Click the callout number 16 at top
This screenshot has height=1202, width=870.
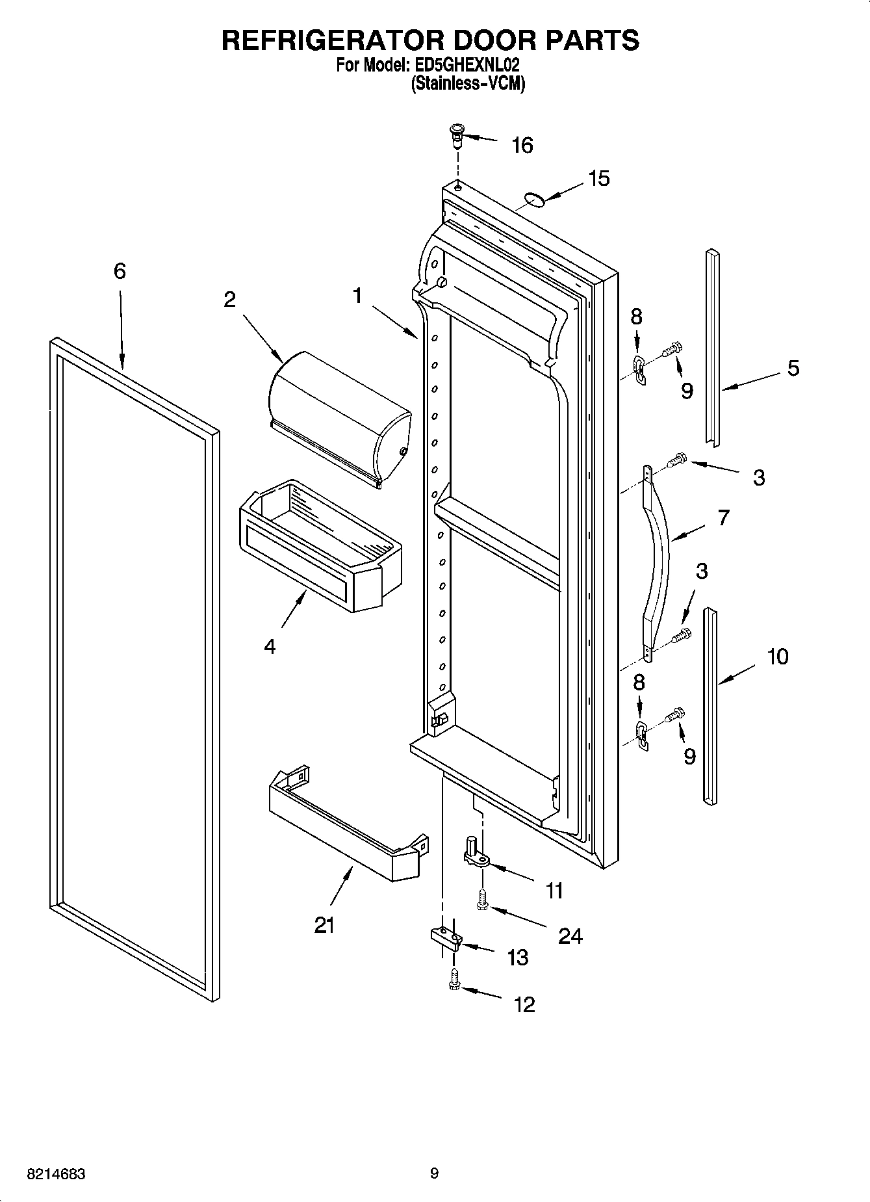522,146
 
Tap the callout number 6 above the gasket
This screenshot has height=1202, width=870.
120,271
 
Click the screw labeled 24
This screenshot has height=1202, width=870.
481,900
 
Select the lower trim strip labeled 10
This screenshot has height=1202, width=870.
710,705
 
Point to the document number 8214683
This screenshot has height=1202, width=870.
56,1174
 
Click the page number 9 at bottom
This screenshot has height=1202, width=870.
434,1173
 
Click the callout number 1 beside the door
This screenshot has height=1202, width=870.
357,296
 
